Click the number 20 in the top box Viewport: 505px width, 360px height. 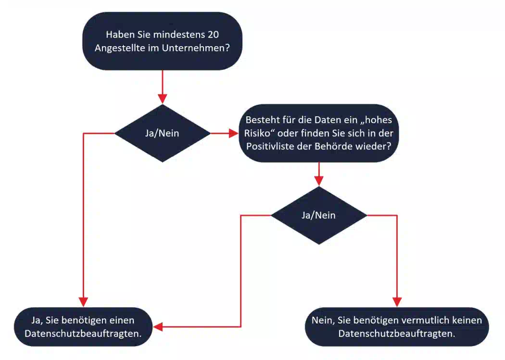tap(213, 35)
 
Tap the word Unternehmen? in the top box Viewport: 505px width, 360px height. tap(196, 48)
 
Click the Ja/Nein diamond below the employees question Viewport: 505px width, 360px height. tap(163, 133)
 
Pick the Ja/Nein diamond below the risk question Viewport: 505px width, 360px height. tap(319, 215)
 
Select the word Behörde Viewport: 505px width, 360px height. tap(333, 147)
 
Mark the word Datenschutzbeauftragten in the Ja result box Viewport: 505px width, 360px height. tap(82, 334)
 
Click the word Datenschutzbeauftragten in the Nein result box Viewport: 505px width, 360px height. tap(396, 334)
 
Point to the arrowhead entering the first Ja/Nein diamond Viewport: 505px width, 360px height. tap(163, 99)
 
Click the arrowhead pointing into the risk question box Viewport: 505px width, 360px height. tap(233, 133)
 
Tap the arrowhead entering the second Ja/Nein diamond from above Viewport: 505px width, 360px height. tap(319, 181)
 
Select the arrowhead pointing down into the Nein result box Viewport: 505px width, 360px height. tap(397, 302)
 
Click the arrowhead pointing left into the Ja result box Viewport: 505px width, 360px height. tap(158, 327)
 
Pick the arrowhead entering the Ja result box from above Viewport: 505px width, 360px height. tap(83, 302)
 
